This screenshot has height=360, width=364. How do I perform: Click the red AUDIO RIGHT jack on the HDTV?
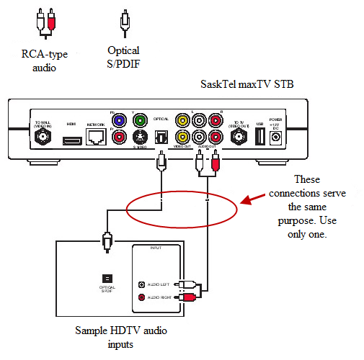(141, 297)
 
